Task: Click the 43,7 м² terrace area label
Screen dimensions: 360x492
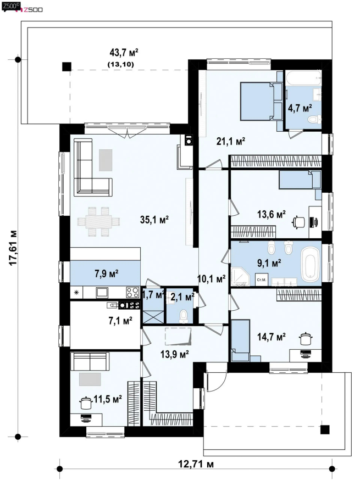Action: coord(124,53)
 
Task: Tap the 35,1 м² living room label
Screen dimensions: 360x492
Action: coord(154,220)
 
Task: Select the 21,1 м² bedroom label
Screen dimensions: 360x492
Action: coord(231,142)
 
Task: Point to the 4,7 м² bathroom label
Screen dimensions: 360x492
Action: coord(300,108)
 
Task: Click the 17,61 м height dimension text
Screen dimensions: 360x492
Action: coord(13,248)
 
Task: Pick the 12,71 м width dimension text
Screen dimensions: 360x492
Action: coord(196,463)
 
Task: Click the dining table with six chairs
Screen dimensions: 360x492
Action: coord(98,221)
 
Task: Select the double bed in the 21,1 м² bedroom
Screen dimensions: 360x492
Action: coord(262,101)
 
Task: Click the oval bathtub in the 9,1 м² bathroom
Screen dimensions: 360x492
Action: coord(311,264)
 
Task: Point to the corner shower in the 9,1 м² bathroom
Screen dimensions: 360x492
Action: coord(240,277)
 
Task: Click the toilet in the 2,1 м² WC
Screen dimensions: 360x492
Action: coord(182,316)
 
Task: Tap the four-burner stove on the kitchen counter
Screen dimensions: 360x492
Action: coord(132,293)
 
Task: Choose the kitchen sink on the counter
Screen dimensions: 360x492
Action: coord(102,293)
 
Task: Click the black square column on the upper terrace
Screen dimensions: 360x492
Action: coord(67,67)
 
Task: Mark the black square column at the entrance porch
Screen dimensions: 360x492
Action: coord(325,429)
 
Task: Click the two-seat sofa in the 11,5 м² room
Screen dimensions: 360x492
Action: coord(90,361)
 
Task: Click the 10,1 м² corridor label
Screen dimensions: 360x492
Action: coord(212,278)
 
